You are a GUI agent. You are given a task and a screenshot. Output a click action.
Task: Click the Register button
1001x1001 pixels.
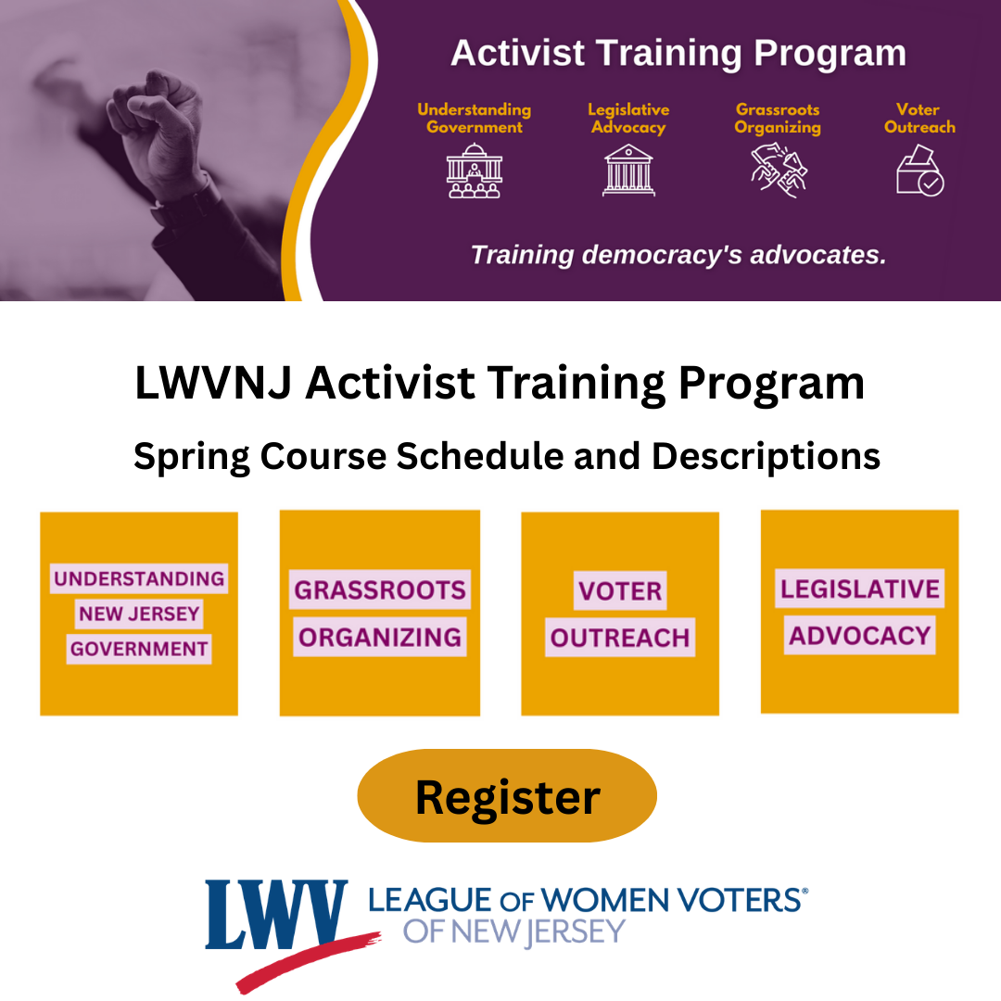coord(507,796)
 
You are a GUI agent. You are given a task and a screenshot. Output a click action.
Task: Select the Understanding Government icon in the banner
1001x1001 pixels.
coord(474,171)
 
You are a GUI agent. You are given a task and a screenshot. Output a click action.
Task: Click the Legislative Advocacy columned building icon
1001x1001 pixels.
coord(627,171)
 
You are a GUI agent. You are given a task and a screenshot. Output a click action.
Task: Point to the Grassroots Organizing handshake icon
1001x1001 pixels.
coord(778,168)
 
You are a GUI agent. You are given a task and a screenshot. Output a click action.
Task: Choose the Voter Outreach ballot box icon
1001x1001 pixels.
coord(919,170)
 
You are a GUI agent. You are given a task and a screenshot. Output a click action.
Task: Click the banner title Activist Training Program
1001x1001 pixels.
coord(678,54)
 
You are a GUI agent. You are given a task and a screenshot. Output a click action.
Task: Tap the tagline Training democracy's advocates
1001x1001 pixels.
coord(678,254)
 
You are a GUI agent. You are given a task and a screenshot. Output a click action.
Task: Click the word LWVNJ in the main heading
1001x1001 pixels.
coord(212,384)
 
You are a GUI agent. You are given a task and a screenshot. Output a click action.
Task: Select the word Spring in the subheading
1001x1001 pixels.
coord(191,456)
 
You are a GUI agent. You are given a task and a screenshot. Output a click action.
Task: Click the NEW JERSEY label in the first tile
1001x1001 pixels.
coord(139,614)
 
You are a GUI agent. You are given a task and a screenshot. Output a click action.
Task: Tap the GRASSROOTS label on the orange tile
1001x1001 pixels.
coord(379,589)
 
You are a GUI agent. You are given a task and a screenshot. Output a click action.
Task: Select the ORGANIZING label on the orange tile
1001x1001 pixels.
coord(379,638)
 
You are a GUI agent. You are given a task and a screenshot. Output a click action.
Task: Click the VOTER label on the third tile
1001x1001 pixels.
coord(620,590)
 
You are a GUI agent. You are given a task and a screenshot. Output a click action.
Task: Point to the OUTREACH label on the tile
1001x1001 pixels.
coord(620,639)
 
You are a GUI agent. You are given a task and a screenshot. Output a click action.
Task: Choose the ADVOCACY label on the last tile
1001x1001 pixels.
coord(859,636)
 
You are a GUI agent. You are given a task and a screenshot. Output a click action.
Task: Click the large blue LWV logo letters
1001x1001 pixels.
coord(276,915)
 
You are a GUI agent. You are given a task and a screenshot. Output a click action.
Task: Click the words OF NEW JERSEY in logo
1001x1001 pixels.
coord(514,931)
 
